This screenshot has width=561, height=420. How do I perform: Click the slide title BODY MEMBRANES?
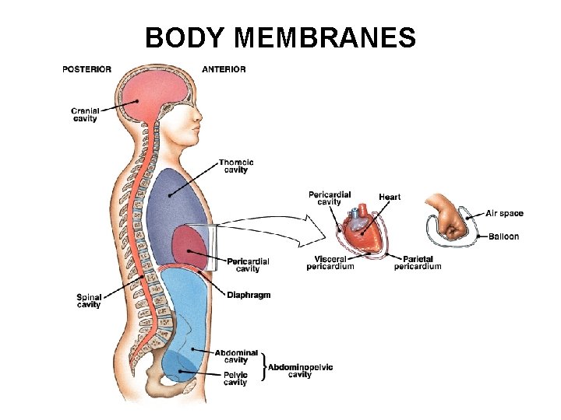280,37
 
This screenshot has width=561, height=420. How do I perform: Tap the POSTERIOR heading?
86,69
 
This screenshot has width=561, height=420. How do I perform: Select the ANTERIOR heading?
224,69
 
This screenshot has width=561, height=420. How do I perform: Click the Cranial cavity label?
86,114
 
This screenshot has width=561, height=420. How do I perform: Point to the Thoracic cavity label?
235,166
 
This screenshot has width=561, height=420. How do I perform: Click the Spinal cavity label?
89,300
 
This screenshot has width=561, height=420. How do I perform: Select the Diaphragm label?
249,295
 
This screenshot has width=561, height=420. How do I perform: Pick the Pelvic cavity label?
235,378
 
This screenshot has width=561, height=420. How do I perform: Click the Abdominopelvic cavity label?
300,370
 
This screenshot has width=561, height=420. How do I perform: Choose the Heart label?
390,197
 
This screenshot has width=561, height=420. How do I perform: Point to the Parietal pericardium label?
417,262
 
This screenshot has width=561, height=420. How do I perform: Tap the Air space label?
504,213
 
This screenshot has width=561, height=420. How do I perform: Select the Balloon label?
503,236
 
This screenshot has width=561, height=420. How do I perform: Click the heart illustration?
362,229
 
